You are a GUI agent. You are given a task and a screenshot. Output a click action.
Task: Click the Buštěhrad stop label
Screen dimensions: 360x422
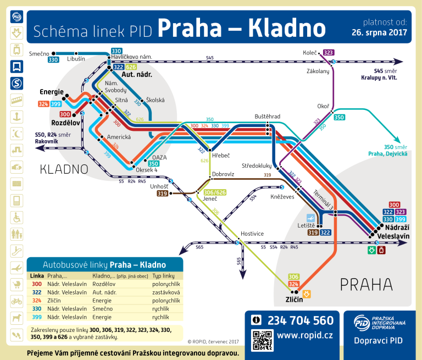point(268,117)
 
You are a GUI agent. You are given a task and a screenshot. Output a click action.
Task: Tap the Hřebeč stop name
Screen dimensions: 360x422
point(220,156)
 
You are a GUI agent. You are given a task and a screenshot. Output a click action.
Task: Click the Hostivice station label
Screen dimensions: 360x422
point(251,234)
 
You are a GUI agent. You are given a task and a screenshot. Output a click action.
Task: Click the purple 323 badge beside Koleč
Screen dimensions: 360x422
point(329,53)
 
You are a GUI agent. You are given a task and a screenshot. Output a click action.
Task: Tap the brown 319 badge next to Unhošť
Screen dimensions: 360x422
point(162,193)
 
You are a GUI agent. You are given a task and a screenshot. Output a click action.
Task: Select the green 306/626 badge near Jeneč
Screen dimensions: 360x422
point(215,192)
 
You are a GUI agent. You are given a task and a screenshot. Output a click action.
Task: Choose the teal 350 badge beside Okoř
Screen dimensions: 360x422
point(340,117)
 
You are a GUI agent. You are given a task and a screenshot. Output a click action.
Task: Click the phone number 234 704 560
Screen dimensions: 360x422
point(301,320)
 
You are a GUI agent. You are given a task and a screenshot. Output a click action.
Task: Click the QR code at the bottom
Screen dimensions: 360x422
point(262,340)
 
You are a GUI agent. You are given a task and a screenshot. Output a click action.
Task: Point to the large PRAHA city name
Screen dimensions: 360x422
point(366,284)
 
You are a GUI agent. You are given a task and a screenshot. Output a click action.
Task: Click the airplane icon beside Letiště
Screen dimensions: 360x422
point(312,218)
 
